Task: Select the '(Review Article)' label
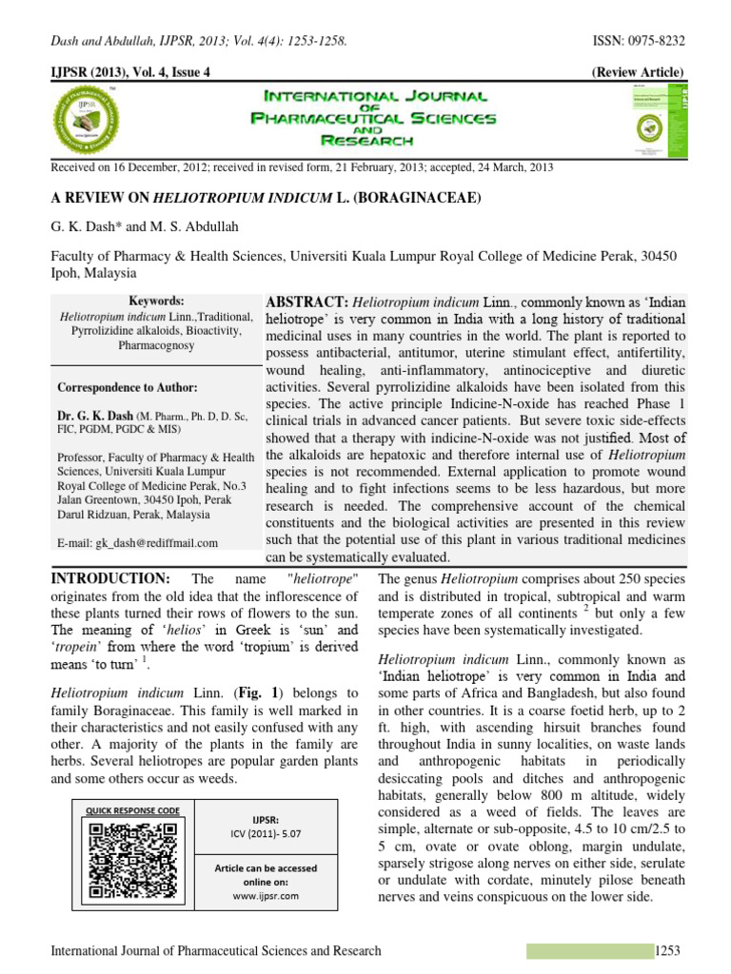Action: click(x=637, y=72)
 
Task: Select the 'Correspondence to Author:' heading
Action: click(x=128, y=388)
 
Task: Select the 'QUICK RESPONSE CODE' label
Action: click(x=132, y=810)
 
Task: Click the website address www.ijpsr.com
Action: click(x=266, y=895)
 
